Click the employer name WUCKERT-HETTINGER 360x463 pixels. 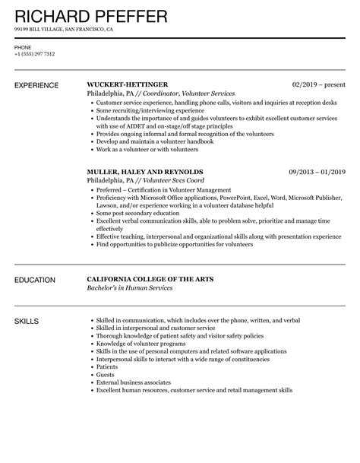(128, 84)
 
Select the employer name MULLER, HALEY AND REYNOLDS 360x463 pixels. (145, 172)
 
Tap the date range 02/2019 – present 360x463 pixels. (319, 84)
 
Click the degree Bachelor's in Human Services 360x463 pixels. (130, 289)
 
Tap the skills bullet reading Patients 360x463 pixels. (106, 367)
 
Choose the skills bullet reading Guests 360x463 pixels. (105, 375)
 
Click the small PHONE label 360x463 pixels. (23, 47)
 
